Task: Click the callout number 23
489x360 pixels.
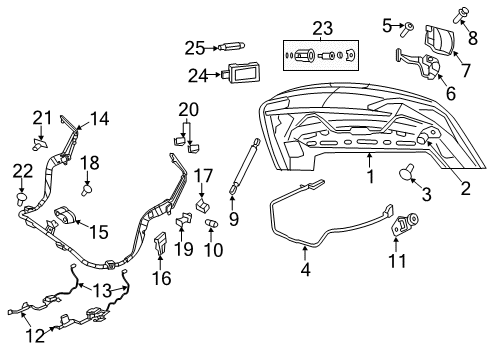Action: [321, 29]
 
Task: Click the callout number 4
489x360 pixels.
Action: [306, 269]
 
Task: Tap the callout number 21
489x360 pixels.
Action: [41, 118]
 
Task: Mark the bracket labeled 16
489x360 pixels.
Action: [162, 243]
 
